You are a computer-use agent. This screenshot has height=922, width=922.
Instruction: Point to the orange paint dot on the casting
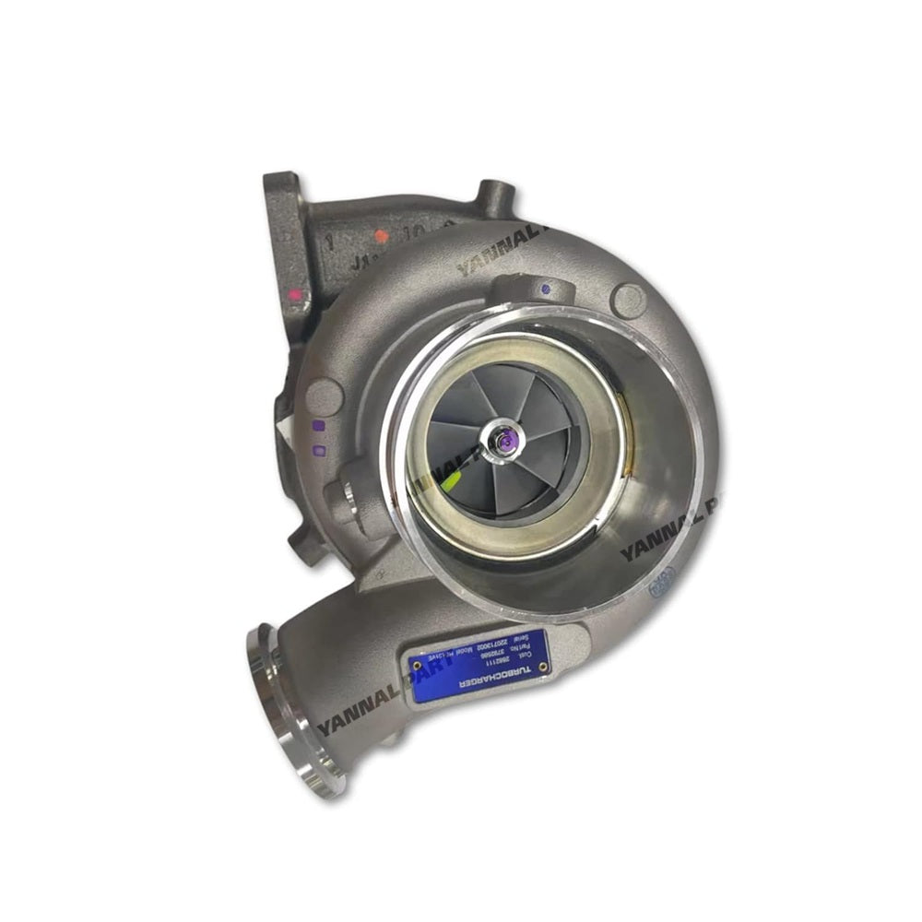(x=382, y=236)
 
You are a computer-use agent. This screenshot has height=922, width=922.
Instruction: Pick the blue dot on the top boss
(x=549, y=289)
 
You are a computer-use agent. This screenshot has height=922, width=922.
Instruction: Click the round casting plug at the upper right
(x=629, y=297)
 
